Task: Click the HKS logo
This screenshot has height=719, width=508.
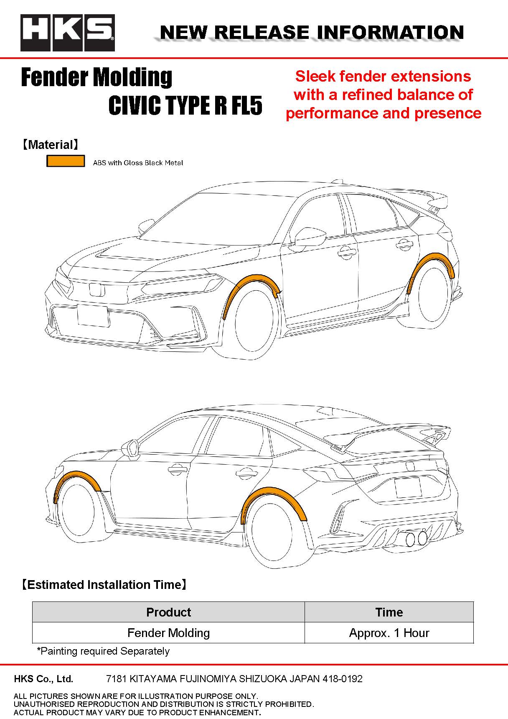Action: click(x=68, y=33)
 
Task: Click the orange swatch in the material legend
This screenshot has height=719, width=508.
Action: click(x=66, y=161)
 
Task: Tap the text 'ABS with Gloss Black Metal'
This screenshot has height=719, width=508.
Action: click(x=138, y=163)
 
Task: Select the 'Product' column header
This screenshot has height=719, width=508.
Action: click(x=168, y=612)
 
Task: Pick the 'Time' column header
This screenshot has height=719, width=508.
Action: click(x=389, y=612)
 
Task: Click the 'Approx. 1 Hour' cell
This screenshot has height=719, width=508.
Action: click(x=389, y=633)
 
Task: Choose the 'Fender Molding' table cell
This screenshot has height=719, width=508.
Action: click(x=168, y=633)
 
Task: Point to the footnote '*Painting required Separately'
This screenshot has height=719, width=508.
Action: click(x=103, y=651)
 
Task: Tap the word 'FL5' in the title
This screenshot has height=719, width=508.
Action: click(x=246, y=105)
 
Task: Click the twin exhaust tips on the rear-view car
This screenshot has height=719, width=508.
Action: click(x=417, y=538)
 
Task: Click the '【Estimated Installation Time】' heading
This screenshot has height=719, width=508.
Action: click(x=104, y=584)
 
